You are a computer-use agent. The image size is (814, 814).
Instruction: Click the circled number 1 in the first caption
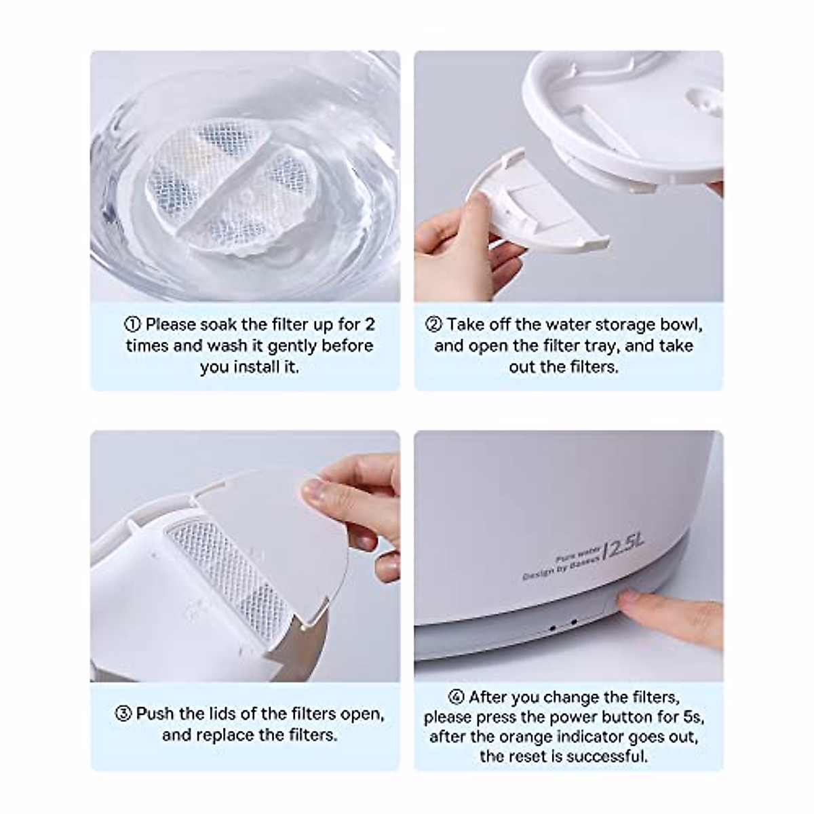(134, 325)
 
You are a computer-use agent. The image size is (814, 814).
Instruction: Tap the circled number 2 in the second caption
(433, 325)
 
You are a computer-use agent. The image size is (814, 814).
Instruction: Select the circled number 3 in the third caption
(123, 714)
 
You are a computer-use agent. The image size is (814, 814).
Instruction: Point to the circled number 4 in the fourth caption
(456, 698)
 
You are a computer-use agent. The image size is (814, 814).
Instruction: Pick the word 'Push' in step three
(155, 714)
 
